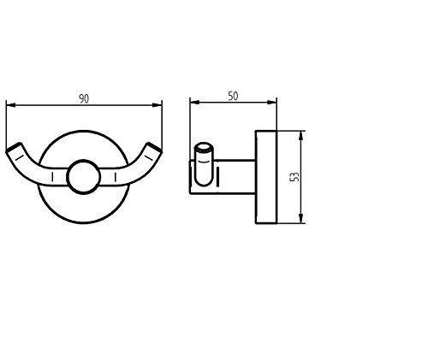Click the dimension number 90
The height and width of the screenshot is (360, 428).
click(x=84, y=98)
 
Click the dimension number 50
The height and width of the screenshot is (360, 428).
click(x=233, y=96)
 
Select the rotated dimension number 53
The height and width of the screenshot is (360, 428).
click(x=294, y=176)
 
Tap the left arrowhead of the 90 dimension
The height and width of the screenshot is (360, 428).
click(x=10, y=105)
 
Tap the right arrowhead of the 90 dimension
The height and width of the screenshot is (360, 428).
click(x=158, y=105)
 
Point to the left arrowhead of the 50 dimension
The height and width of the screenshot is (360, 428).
click(x=194, y=102)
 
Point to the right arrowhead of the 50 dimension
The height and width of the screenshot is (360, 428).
click(x=272, y=102)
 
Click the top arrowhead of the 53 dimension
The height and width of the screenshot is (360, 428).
click(x=300, y=136)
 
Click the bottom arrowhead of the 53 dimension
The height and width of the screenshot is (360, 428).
click(x=300, y=219)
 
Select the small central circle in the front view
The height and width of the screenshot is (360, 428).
click(x=83, y=177)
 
